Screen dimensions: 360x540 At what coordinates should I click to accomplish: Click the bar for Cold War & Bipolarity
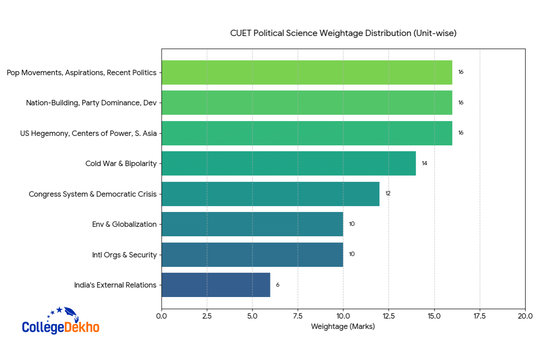pos(288,163)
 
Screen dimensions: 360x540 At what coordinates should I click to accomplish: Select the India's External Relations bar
pos(216,285)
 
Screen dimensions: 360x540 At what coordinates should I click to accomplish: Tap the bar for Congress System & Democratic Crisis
pos(270,194)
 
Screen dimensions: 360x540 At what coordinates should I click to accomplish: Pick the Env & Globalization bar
pos(252,224)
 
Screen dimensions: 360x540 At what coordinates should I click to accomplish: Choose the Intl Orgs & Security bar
pos(252,255)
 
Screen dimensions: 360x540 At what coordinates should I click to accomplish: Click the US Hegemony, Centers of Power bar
pos(306,133)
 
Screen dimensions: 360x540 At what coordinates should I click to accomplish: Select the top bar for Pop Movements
pos(306,72)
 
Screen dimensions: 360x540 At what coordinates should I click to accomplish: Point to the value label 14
pos(424,163)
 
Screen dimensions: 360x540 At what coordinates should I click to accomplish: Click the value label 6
pos(278,285)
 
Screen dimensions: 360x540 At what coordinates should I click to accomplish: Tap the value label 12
pos(388,193)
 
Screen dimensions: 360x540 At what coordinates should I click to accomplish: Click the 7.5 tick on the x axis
pos(298,316)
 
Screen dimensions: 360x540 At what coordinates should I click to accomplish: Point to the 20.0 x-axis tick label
pos(525,316)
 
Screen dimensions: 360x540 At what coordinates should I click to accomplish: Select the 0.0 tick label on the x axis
pos(162,316)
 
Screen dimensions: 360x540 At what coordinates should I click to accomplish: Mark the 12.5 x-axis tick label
pos(389,316)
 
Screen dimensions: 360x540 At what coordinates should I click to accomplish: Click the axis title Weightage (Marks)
pos(343,327)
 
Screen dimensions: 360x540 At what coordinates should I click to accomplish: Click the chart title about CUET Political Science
pos(343,33)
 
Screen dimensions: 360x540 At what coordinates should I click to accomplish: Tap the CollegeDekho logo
pos(60,321)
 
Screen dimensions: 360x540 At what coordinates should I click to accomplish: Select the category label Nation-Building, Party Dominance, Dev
pos(91,103)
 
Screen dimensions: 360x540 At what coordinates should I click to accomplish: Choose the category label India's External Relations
pos(115,285)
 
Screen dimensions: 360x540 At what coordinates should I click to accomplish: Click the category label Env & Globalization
pos(124,225)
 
